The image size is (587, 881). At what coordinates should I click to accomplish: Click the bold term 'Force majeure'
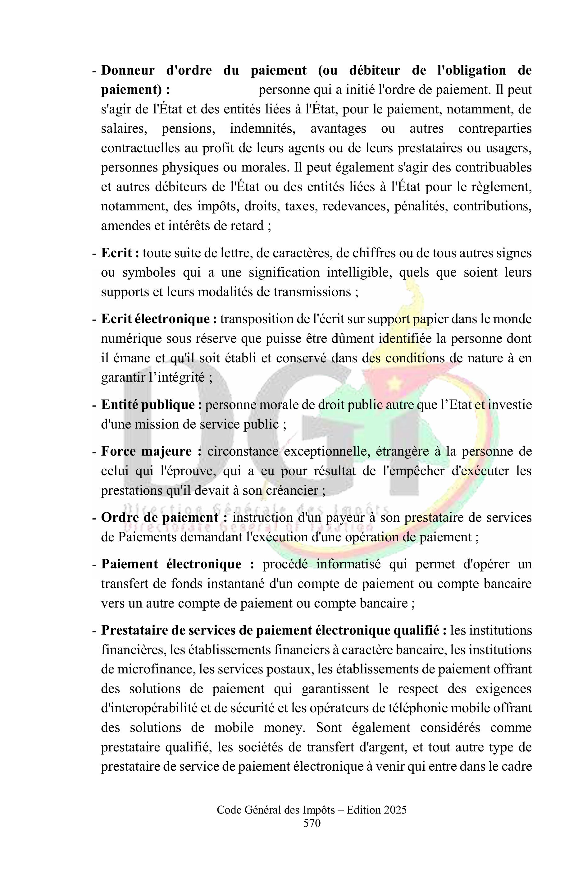(146, 451)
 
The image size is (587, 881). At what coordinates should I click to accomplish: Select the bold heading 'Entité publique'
(148, 405)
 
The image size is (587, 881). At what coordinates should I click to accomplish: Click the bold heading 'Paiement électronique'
(171, 564)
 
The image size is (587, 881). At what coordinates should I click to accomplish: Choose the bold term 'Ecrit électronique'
(155, 319)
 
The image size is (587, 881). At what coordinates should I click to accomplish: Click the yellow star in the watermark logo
(393, 383)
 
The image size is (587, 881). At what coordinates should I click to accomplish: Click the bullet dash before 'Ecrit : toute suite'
(94, 253)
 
